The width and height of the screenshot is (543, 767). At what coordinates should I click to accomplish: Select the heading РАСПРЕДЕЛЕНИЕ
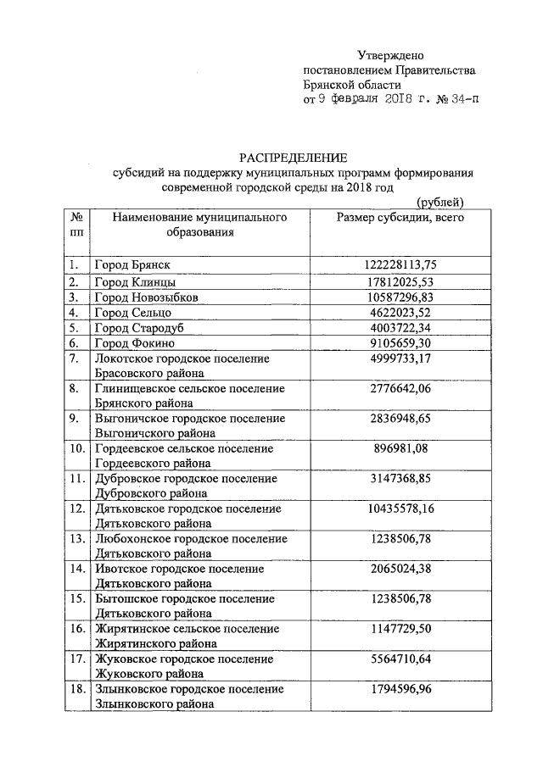tap(293, 158)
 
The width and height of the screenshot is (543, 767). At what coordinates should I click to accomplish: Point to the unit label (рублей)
tap(441, 202)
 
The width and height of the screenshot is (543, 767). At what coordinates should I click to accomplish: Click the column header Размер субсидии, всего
tap(400, 217)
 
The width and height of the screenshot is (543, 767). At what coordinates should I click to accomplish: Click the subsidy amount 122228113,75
tap(400, 265)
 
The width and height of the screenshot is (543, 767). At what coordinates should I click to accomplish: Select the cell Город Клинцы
tap(135, 281)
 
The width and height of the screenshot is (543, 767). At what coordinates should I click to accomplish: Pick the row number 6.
tap(75, 344)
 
